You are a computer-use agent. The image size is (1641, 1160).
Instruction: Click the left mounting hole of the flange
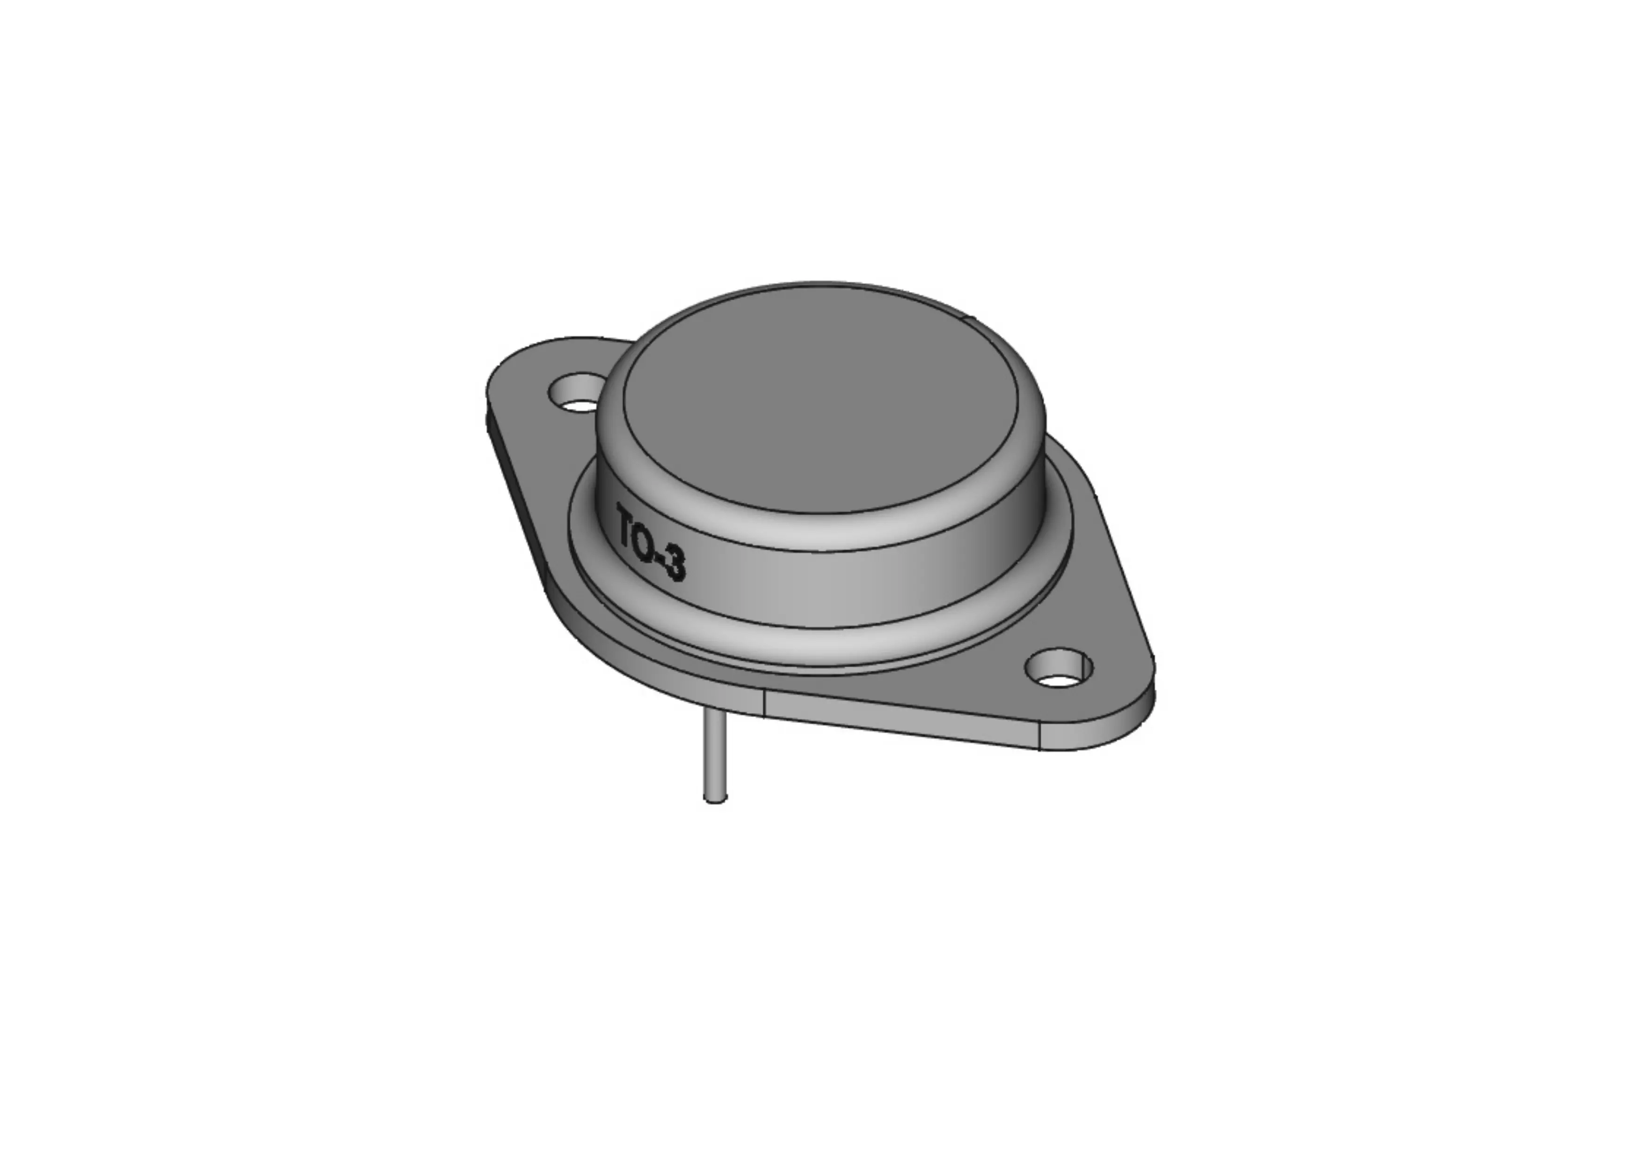click(x=575, y=394)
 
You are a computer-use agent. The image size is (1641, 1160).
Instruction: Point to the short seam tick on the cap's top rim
click(x=970, y=319)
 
